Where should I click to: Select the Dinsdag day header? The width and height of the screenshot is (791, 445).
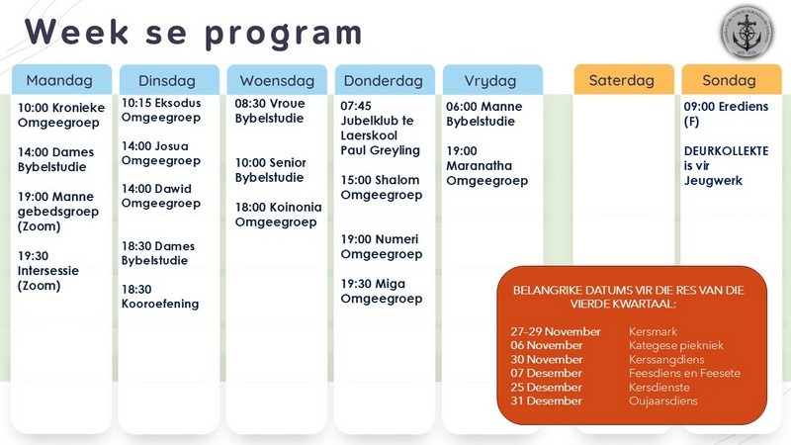point(167,80)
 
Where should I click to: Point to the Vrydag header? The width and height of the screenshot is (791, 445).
point(491,80)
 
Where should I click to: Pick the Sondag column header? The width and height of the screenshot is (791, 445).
point(730,80)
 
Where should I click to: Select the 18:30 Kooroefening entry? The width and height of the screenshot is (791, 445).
point(159,297)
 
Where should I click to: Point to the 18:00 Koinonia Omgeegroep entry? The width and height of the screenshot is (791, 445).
point(276,215)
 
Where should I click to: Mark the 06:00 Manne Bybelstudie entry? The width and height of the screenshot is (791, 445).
point(484,115)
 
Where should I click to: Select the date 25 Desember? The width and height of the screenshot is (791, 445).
point(547,388)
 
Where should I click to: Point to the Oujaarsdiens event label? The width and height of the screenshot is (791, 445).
point(663,401)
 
